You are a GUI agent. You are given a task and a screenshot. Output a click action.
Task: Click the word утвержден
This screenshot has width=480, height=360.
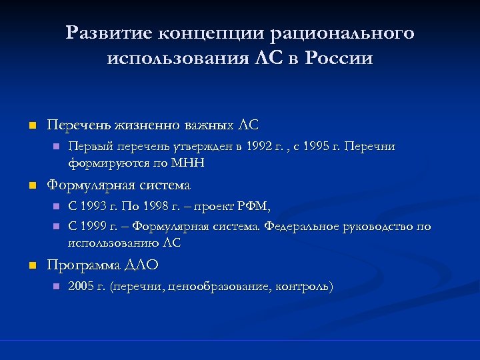click(x=211, y=146)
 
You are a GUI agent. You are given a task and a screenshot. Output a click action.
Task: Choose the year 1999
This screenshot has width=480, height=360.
click(x=97, y=227)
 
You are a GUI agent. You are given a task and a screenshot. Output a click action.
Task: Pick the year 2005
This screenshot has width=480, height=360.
click(x=82, y=287)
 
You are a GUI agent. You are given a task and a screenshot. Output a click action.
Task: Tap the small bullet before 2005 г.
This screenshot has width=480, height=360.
click(x=56, y=287)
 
